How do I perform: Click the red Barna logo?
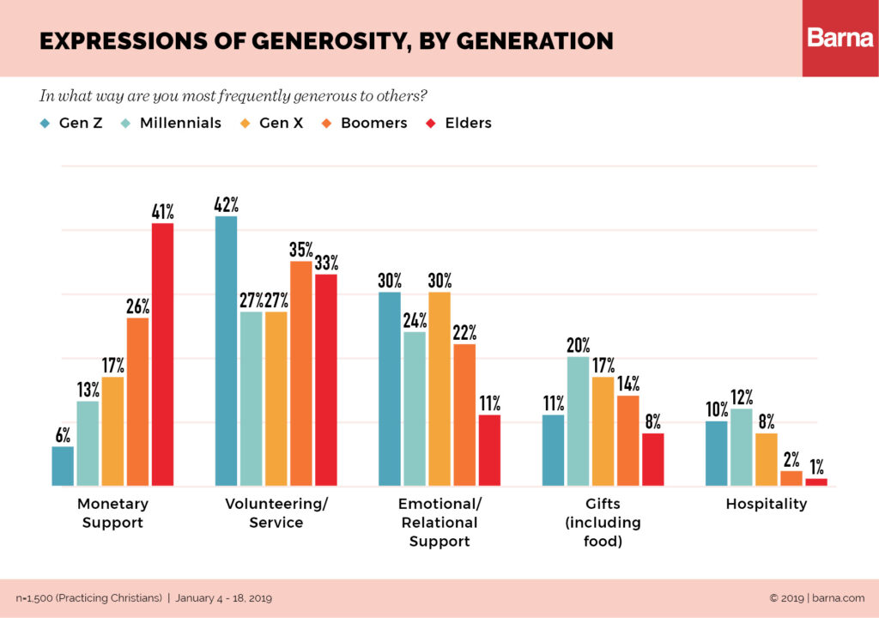(x=840, y=38)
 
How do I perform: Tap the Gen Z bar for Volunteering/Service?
(x=226, y=351)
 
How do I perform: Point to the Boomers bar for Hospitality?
(x=791, y=478)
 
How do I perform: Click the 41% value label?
(x=162, y=211)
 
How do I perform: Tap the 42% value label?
(x=227, y=204)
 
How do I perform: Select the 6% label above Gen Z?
(x=63, y=435)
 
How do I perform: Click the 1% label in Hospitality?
(x=815, y=467)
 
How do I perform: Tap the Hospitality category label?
(x=766, y=504)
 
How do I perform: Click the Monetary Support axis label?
(x=112, y=512)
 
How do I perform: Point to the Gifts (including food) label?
(x=603, y=522)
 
